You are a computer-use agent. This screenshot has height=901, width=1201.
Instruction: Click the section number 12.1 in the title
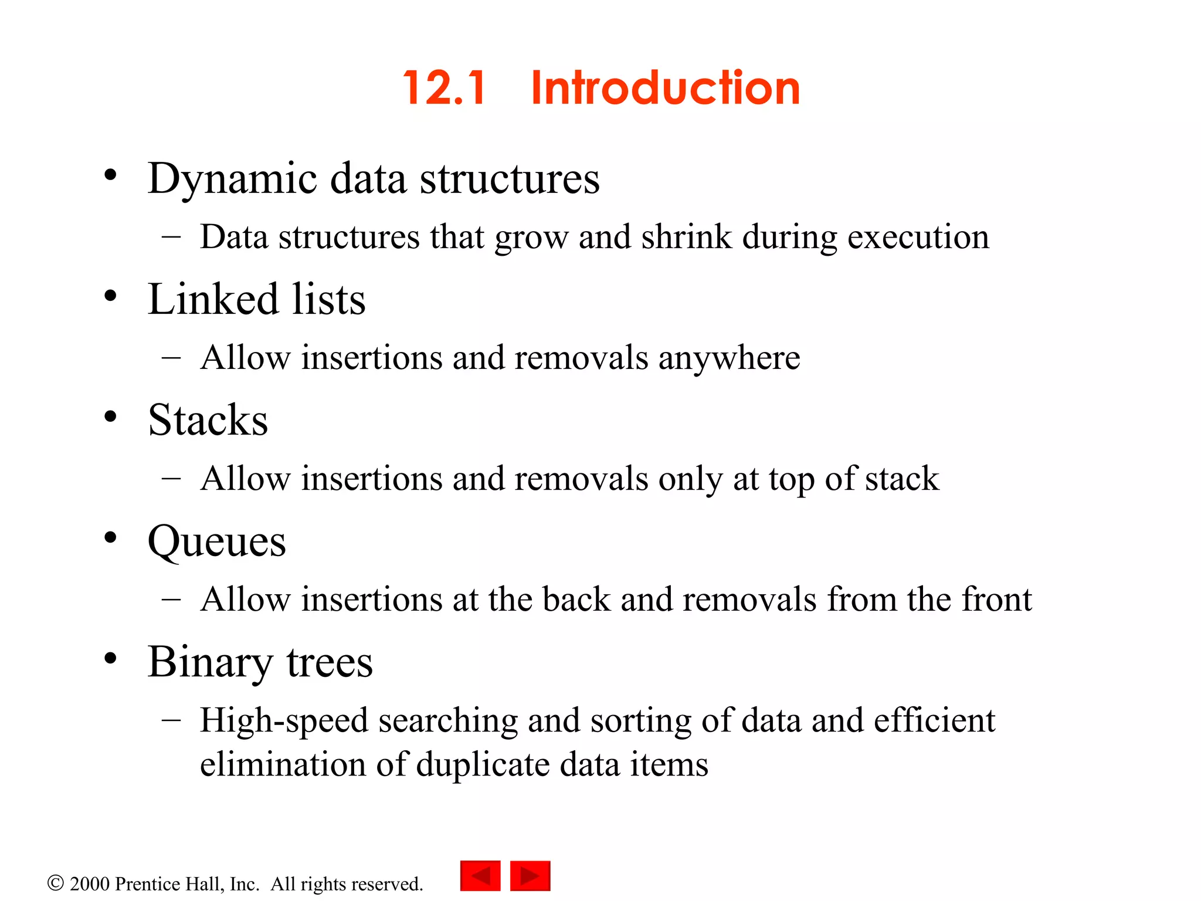tap(444, 88)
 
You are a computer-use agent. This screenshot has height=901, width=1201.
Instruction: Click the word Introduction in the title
tap(665, 88)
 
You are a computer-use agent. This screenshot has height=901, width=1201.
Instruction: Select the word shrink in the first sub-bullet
tap(687, 237)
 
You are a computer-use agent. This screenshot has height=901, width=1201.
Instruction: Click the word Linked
tap(212, 299)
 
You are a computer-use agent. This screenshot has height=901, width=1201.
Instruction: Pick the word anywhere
tap(729, 358)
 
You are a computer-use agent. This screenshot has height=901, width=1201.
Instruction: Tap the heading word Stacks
tap(208, 420)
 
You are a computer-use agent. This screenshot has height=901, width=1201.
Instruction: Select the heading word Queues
tap(217, 541)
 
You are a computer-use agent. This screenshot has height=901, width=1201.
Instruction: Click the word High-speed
tap(284, 720)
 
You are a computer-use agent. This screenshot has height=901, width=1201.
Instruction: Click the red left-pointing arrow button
tap(480, 876)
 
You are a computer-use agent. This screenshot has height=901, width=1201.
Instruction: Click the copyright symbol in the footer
tap(55, 883)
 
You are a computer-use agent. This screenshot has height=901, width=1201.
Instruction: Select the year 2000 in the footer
tap(90, 884)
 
